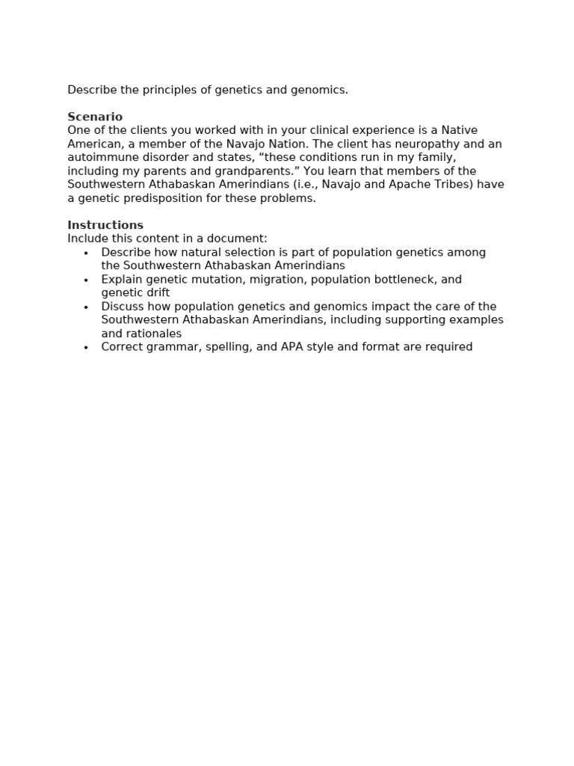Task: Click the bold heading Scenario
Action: (x=95, y=117)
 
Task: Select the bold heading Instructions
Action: (x=105, y=225)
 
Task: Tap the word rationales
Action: (x=154, y=334)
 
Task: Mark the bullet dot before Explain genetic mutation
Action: (x=86, y=280)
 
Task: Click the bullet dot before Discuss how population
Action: (x=86, y=307)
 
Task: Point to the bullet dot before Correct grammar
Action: (x=86, y=347)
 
